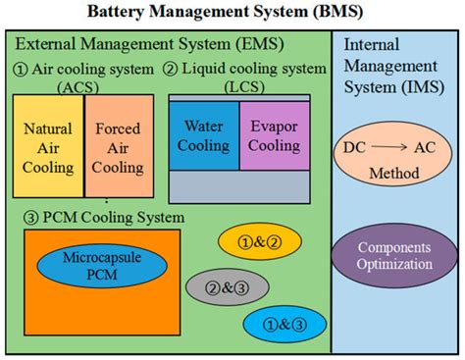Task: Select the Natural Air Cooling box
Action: (48, 147)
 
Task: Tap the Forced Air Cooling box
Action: (118, 147)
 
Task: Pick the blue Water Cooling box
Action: (203, 137)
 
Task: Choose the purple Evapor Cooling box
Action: (274, 137)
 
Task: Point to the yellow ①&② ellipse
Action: (245, 241)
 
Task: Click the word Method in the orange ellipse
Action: (394, 174)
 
